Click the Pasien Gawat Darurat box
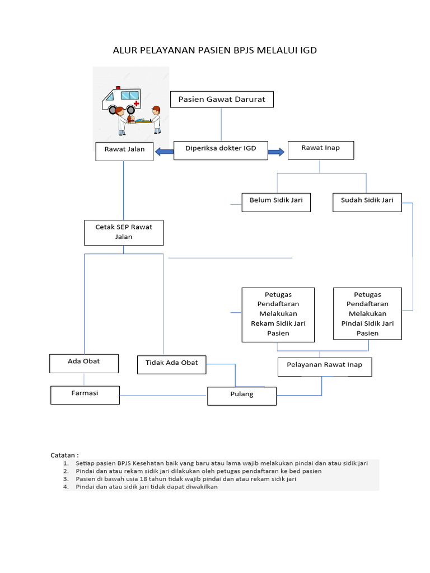(222, 100)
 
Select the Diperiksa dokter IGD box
(221, 148)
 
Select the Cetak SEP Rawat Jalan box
(124, 232)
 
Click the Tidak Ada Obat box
(172, 363)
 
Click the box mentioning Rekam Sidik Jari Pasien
(278, 314)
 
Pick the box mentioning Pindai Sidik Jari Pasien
(367, 313)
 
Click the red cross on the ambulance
(137, 104)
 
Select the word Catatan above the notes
(64, 455)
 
